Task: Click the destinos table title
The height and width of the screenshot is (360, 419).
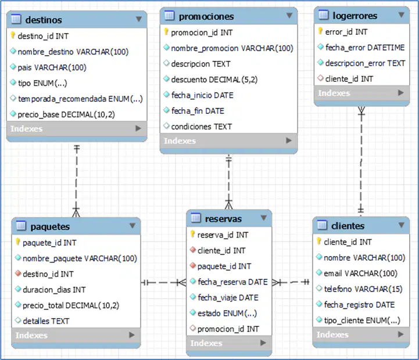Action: [x=44, y=20]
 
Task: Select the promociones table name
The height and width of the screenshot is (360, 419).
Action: [x=206, y=17]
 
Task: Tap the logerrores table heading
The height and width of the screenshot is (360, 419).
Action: [x=355, y=16]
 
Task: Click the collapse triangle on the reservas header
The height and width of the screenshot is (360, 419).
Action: [x=264, y=218]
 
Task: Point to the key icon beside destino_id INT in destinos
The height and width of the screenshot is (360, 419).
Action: [x=13, y=35]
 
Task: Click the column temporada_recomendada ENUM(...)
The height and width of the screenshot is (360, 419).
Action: [x=80, y=99]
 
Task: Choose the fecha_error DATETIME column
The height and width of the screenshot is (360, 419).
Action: [x=365, y=48]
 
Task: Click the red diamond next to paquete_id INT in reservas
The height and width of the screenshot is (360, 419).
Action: [x=193, y=265]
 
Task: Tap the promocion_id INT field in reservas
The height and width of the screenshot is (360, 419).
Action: [x=228, y=329]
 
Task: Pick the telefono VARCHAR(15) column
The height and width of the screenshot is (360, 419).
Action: [x=363, y=289]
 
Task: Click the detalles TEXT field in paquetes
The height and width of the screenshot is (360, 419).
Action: [x=46, y=321]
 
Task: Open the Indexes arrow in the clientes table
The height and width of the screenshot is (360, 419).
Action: [x=400, y=334]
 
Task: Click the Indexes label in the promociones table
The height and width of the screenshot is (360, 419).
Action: [x=180, y=141]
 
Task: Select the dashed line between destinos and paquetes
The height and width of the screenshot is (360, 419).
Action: [x=77, y=181]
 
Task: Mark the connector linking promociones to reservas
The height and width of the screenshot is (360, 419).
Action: [x=229, y=182]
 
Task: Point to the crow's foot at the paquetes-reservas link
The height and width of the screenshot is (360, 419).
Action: [x=182, y=282]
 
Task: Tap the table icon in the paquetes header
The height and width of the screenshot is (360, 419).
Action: [x=21, y=226]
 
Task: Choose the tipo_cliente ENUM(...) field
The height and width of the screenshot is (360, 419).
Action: [x=362, y=321]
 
